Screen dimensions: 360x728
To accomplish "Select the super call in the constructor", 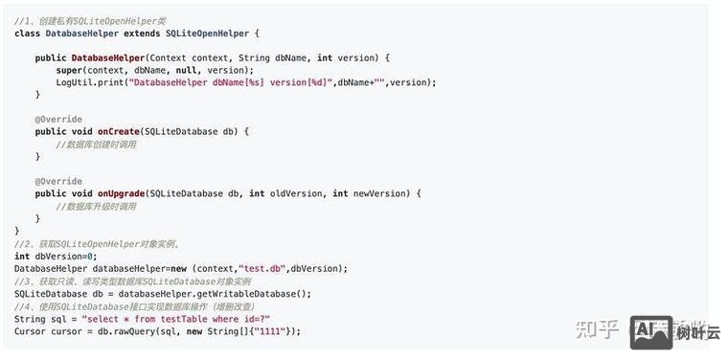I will (69, 70).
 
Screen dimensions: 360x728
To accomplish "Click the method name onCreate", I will (119, 131).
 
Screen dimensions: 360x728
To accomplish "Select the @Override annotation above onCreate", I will (58, 119).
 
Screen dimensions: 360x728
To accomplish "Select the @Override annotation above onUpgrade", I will (58, 181).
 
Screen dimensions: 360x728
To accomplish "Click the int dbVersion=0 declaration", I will (56, 256).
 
